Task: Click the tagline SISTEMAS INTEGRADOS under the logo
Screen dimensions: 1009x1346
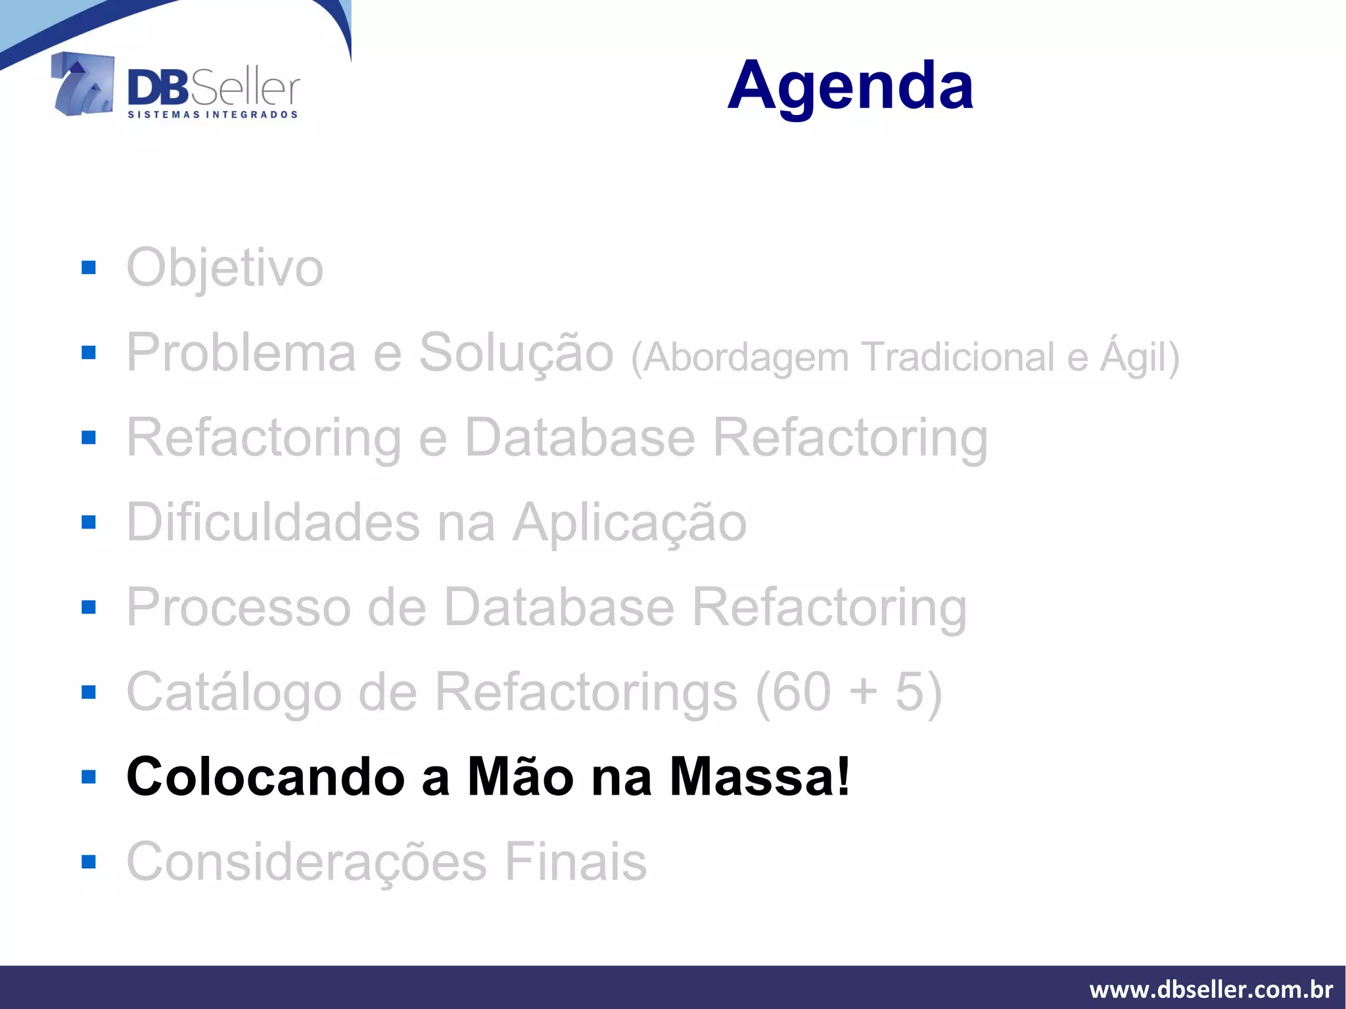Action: tap(212, 115)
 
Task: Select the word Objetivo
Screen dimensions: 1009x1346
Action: tap(225, 268)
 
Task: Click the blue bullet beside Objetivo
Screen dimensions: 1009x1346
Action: tap(89, 268)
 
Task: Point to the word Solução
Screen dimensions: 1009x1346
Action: tap(516, 353)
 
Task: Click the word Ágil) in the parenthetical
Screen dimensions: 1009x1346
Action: tap(1140, 357)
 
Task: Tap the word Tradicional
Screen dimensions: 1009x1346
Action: tap(957, 357)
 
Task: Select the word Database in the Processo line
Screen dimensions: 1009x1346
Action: tap(559, 607)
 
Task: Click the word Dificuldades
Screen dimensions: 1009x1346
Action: tap(273, 523)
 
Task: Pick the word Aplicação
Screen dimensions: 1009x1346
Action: tap(630, 523)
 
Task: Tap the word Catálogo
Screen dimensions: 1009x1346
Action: tap(234, 692)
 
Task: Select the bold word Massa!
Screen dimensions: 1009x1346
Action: tap(760, 777)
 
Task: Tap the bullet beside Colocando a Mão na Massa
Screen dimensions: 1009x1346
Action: tap(89, 778)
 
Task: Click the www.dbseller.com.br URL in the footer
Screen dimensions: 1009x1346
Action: tap(1211, 989)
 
